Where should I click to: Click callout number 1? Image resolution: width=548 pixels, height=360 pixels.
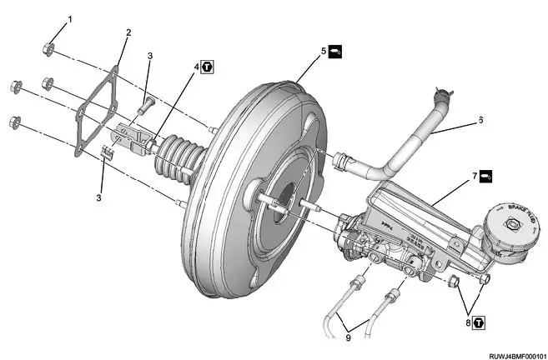(x=69, y=17)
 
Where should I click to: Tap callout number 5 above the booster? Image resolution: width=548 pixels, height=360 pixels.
(x=324, y=52)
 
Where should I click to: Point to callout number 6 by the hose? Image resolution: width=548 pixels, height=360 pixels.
(x=480, y=119)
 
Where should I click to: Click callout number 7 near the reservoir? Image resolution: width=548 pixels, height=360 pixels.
(x=475, y=176)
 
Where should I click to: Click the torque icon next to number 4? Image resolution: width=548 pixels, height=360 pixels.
(x=208, y=65)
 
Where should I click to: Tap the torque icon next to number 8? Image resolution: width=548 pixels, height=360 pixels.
(x=480, y=320)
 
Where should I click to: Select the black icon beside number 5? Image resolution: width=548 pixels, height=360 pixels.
(x=334, y=52)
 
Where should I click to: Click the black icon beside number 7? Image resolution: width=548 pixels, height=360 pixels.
(x=485, y=176)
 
